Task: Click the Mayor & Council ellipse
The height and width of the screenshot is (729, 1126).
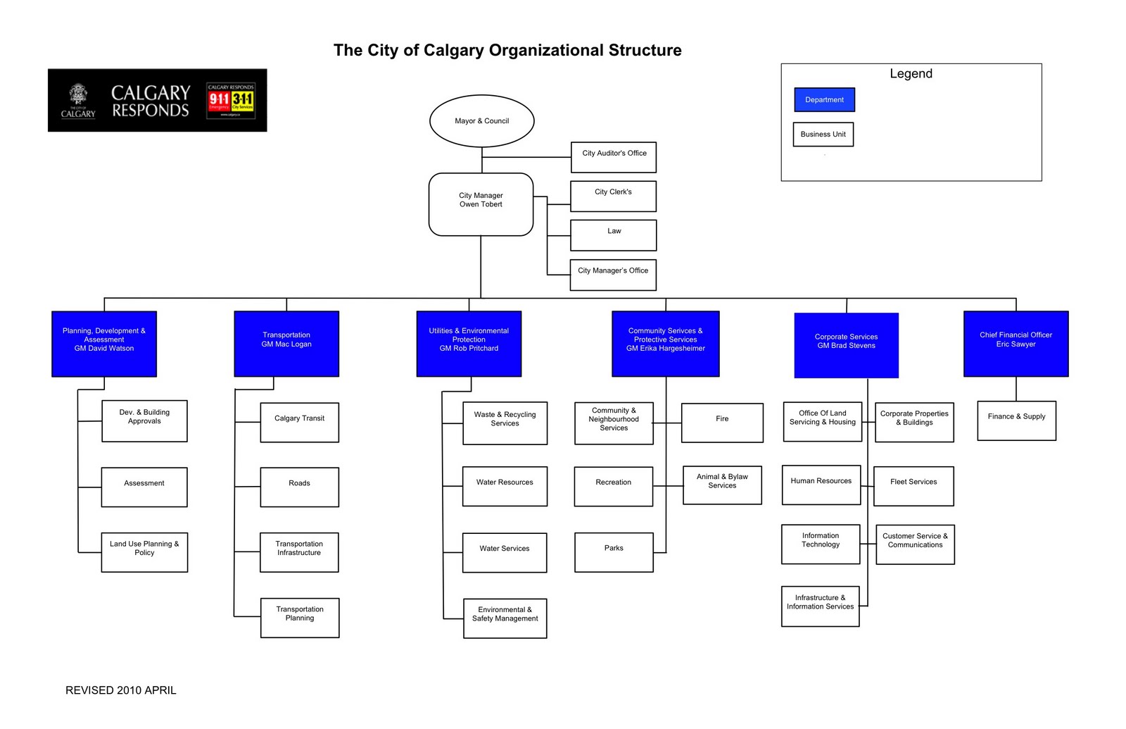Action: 481,121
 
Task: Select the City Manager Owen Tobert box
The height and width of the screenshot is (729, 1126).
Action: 481,204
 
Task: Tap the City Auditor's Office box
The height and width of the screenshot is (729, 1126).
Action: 613,157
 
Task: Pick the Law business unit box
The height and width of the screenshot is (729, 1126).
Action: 613,235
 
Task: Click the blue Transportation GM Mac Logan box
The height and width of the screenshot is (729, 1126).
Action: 286,344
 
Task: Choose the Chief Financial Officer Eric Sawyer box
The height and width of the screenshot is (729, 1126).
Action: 1016,344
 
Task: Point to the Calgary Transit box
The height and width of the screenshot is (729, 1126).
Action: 299,422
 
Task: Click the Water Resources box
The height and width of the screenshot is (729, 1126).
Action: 505,486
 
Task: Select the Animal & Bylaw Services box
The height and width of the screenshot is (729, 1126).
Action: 722,485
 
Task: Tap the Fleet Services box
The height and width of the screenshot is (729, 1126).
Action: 913,486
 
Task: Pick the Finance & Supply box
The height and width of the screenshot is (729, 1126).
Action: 1016,420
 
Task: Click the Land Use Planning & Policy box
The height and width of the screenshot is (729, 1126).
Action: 144,552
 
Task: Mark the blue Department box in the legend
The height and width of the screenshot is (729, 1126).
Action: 824,100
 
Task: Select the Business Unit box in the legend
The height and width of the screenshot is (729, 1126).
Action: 823,135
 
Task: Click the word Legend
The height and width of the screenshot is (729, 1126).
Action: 911,74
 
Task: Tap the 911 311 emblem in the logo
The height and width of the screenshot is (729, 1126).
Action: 231,101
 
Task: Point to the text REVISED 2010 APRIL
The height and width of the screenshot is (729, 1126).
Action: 121,690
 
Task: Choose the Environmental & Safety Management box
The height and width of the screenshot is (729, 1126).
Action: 505,618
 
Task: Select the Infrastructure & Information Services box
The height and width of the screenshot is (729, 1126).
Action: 820,606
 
